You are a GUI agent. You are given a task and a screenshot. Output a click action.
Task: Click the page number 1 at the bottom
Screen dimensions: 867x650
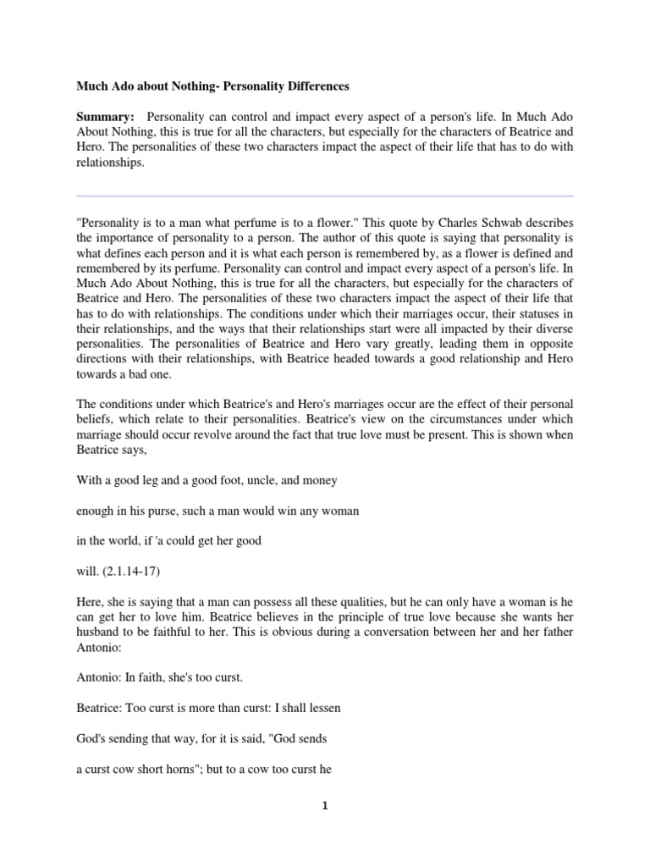click(325, 806)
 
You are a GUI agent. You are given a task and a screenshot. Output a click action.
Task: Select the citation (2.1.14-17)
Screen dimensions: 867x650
click(137, 572)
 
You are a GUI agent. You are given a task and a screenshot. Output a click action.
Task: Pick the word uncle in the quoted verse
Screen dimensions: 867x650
click(259, 479)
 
